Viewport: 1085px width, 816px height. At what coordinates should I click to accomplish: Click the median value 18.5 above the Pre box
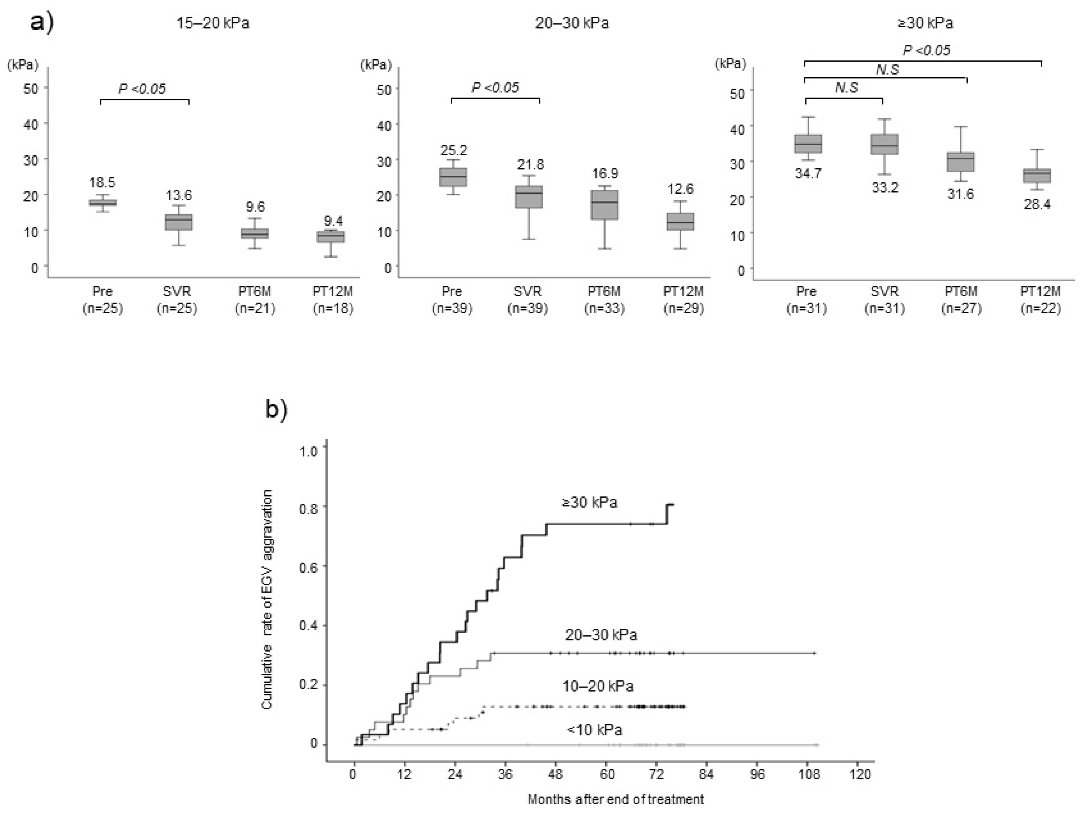click(102, 183)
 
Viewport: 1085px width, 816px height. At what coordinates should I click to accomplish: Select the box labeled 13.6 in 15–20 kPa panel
click(178, 222)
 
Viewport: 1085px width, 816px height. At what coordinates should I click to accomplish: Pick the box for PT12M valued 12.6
click(681, 222)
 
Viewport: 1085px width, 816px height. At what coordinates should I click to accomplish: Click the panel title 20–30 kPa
click(572, 23)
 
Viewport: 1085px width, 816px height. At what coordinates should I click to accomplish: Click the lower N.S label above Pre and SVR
click(846, 88)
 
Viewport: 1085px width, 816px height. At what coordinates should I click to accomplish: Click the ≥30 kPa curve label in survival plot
click(589, 502)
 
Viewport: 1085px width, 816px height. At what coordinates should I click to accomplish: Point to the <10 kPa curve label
click(594, 730)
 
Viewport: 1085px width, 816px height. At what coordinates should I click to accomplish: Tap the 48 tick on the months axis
click(556, 774)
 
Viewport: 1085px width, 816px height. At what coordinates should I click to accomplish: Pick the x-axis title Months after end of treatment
click(615, 799)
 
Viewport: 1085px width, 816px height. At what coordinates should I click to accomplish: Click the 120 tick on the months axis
click(860, 774)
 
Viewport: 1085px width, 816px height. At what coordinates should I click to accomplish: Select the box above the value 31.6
click(960, 162)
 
